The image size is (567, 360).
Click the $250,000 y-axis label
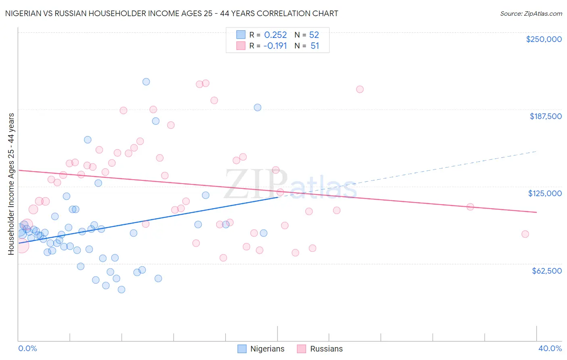tap(544, 39)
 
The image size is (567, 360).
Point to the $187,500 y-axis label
tap(545, 116)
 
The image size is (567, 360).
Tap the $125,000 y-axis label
tap(545, 193)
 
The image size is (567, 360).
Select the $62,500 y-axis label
tap(546, 271)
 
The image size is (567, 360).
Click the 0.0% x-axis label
tap(27, 348)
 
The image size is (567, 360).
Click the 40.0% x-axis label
tap(550, 348)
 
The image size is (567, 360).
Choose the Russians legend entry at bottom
tap(320, 349)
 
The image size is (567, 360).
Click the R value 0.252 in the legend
tap(275, 35)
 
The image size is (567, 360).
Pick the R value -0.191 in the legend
tap(275, 46)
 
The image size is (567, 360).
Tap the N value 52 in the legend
tap(314, 35)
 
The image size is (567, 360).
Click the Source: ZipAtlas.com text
tap(531, 13)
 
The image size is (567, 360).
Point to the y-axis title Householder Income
tap(11, 184)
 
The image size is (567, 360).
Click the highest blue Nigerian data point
tap(146, 82)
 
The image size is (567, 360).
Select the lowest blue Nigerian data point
tap(121, 289)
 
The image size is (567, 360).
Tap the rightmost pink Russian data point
tap(525, 234)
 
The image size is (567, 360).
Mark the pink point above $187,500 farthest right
tap(360, 89)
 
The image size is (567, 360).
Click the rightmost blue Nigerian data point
tap(263, 233)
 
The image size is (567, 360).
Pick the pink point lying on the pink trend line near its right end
tap(470, 207)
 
